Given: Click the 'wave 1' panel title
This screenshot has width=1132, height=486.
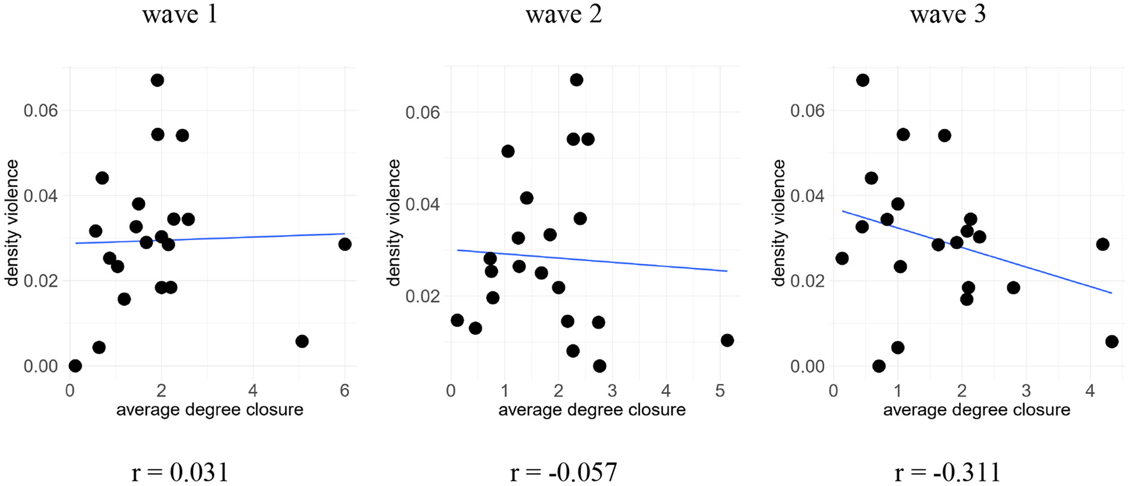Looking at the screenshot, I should pos(180,14).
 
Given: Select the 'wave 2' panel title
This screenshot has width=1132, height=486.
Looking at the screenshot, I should pos(563,14).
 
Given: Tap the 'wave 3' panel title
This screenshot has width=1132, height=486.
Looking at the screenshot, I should pos(947,14).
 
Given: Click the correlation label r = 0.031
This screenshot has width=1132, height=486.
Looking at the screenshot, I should pos(180,473).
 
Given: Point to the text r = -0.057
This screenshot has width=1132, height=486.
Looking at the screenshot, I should pos(563,473).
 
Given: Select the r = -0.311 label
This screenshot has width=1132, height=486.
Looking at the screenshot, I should pos(947,473).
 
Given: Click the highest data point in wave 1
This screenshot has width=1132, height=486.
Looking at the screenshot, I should pos(157,80).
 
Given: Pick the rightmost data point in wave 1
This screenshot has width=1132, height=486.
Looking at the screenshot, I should pos(345,244).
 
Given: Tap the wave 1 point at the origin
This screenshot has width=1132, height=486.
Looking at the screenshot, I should pos(75,366).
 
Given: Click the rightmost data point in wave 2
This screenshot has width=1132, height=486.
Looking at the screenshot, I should pos(727,340).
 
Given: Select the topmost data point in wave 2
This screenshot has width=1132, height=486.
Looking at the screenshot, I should pos(576,80).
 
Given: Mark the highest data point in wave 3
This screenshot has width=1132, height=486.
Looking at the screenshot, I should pos(862,80).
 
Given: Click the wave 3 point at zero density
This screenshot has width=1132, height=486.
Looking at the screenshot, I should pos(879,366).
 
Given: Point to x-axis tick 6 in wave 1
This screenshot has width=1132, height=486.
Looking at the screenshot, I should pos(345,390).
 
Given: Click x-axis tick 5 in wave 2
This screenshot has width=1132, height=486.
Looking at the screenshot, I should pos(720,390).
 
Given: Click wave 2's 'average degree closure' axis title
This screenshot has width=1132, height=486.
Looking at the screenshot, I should pos(592,409).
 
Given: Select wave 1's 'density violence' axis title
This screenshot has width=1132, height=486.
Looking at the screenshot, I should pos(13,222).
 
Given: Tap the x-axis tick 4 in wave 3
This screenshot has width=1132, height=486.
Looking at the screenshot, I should pos(1090,390).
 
